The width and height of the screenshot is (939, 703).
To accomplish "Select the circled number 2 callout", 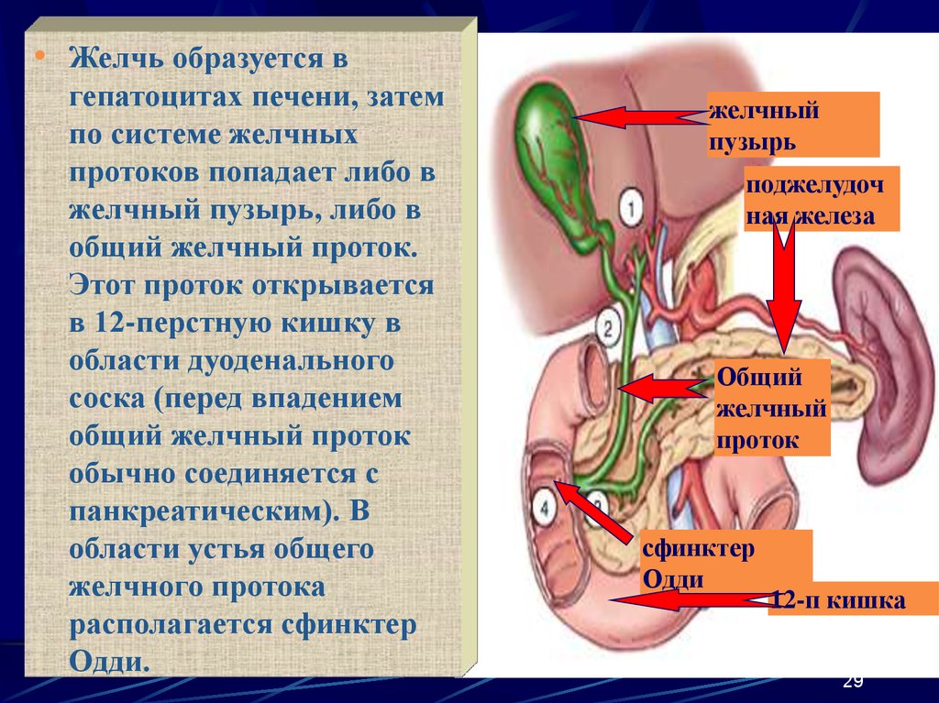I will [x=608, y=324].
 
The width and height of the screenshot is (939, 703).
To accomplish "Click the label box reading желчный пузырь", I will [x=792, y=125].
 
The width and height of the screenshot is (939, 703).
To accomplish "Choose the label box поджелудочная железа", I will [x=821, y=199].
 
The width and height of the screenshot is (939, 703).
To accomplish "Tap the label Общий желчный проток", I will [x=771, y=408].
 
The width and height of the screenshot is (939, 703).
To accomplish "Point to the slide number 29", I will [x=852, y=681].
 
